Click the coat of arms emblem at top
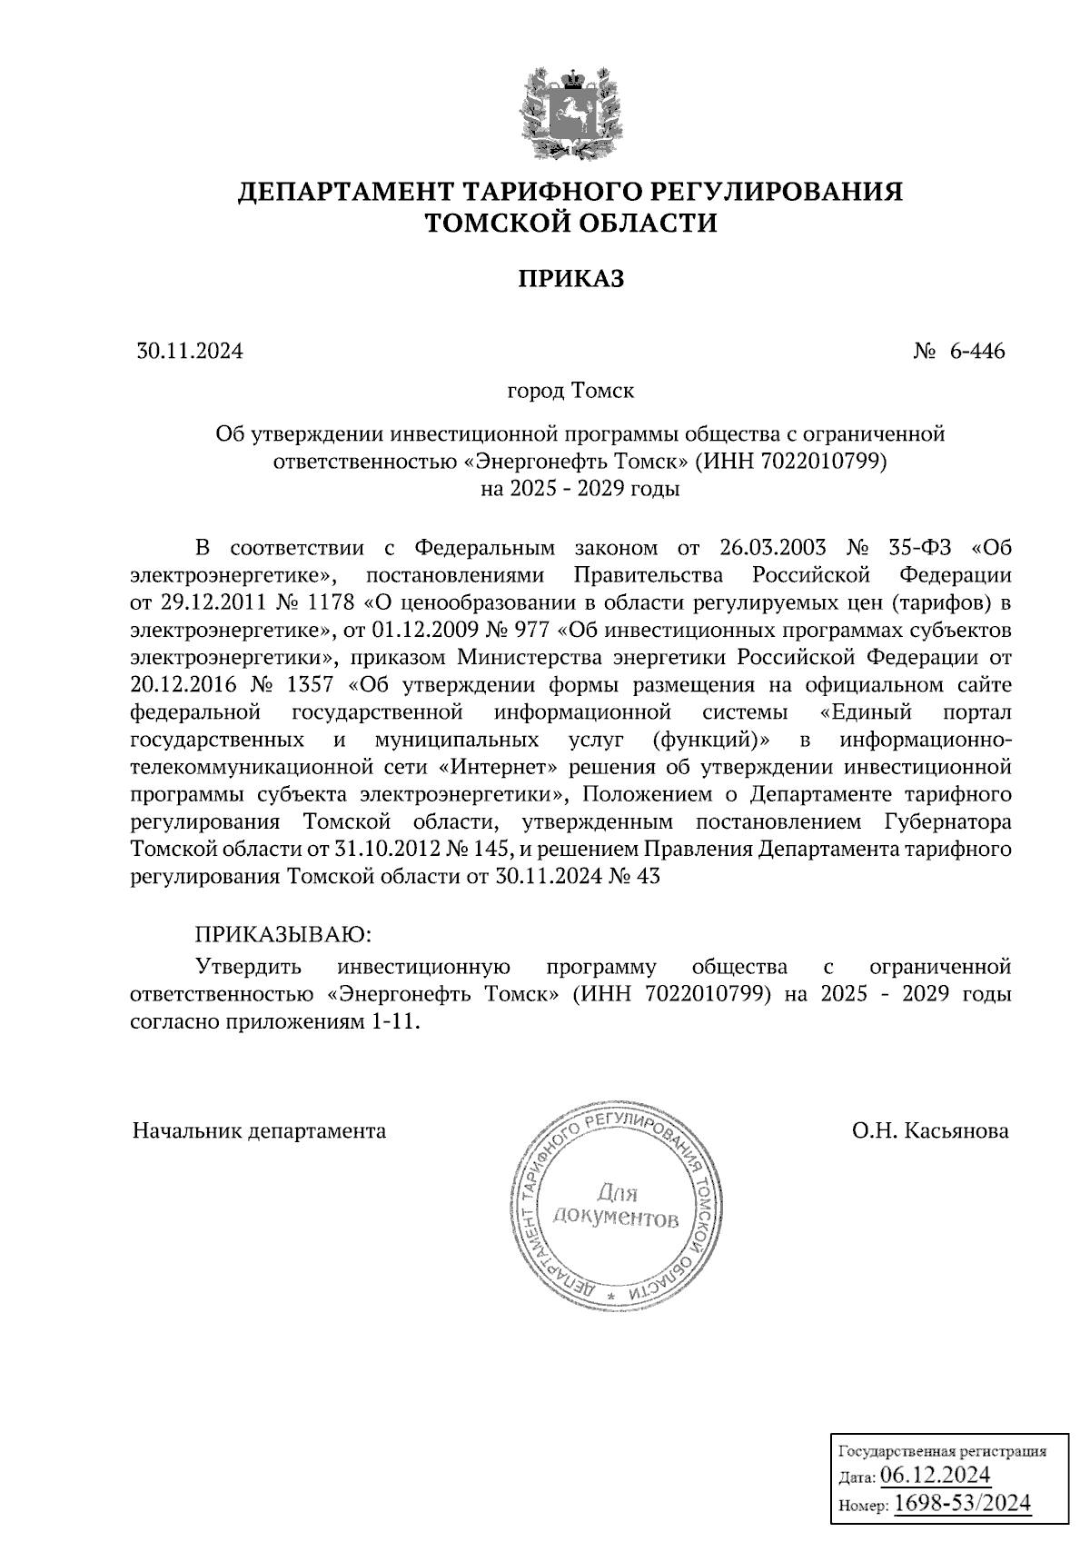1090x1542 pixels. point(570,111)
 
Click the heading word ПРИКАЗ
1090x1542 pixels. point(570,279)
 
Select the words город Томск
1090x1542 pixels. point(570,392)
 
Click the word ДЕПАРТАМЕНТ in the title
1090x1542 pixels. point(345,193)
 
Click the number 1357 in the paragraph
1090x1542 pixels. point(306,684)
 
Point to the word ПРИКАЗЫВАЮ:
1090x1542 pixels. point(282,934)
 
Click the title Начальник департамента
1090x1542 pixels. point(259,1131)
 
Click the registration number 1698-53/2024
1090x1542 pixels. point(963,1504)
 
